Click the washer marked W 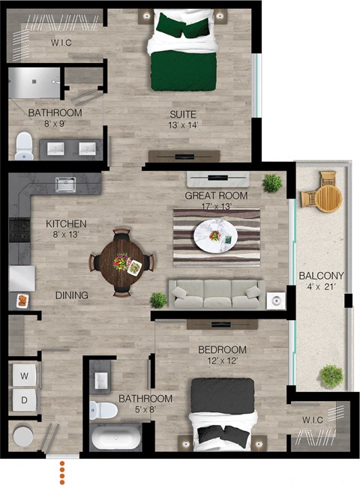[23, 375]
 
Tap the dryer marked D [23, 400]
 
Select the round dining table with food [122, 262]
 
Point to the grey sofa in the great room [216, 294]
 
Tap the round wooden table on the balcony [327, 196]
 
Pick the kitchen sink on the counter [66, 183]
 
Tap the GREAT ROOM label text [216, 196]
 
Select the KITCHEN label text [66, 223]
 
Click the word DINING [72, 295]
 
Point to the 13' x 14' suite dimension [182, 126]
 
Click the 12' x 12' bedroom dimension [222, 361]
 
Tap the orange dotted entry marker [63, 472]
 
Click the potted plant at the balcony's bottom [330, 375]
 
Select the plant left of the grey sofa [158, 300]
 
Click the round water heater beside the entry [22, 435]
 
